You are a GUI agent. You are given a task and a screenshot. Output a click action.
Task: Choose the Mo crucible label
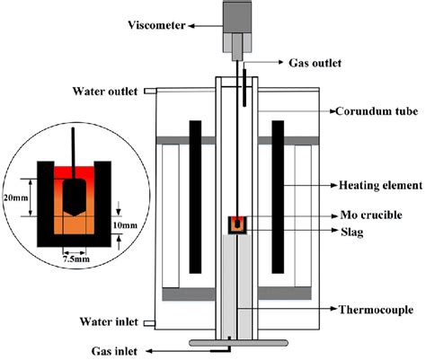[367, 216]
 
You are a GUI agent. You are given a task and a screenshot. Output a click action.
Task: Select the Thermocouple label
[370, 311]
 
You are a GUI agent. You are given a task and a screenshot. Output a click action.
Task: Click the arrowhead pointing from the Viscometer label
[216, 28]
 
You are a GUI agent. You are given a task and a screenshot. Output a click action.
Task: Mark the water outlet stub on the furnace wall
[148, 91]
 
